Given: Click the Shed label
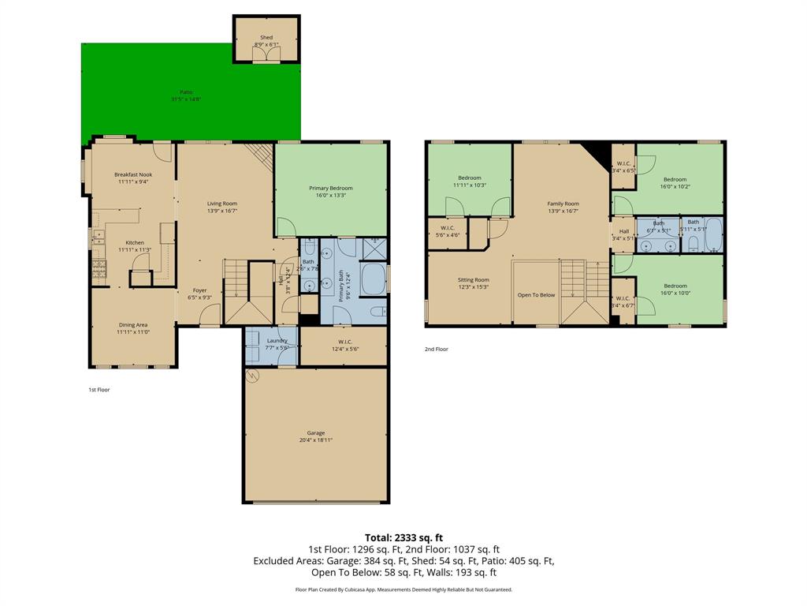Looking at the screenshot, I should point(266,38).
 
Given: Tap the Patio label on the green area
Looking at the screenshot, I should point(186,92).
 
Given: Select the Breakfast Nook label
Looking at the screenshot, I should point(133,174).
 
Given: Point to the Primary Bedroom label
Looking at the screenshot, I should point(330,188).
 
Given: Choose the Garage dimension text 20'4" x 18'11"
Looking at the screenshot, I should point(316,440).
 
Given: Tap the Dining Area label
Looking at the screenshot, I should point(133,324).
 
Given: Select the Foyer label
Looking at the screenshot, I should point(200,290).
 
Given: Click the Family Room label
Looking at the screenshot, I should point(563,204).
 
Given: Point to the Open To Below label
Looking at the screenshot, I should point(536,295).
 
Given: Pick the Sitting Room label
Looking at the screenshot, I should point(474,279).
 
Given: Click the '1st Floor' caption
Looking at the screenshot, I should point(99,390).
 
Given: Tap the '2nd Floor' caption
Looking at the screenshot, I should point(436,349).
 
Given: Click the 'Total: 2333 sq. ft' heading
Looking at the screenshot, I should point(403,537).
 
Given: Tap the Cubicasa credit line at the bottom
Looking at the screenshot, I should point(403,589).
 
